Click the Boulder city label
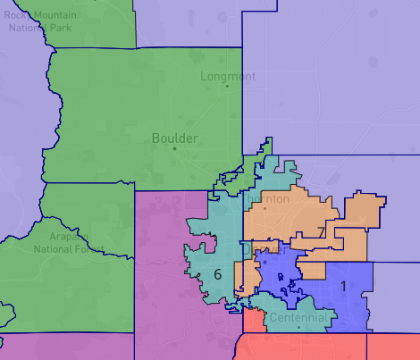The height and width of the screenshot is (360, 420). pyautogui.click(x=175, y=138)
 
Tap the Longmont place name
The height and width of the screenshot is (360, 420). pyautogui.click(x=228, y=76)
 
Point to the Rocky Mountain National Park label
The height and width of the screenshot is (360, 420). pyautogui.click(x=39, y=21)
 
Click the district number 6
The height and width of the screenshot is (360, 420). pyautogui.click(x=217, y=274)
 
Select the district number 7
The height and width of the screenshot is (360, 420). pyautogui.click(x=320, y=233)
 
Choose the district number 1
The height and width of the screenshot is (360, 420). pyautogui.click(x=343, y=286)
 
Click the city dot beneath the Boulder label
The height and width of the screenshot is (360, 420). pyautogui.click(x=175, y=148)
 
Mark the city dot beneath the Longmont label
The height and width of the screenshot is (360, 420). pyautogui.click(x=228, y=86)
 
